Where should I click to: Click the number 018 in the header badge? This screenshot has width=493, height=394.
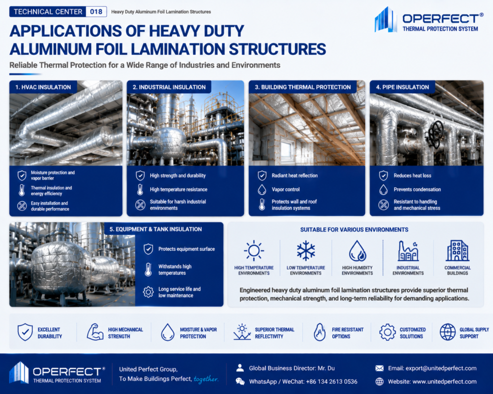click(x=96, y=12)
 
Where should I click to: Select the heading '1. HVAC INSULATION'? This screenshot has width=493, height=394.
click(x=43, y=87)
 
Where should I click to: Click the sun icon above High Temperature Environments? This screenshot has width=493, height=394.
click(x=254, y=251)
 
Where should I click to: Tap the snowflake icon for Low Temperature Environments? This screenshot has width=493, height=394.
click(x=306, y=251)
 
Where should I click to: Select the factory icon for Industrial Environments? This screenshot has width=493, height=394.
click(x=408, y=251)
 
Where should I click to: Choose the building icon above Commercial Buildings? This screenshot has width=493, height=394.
click(x=457, y=251)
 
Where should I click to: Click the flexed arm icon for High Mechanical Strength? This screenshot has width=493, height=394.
click(x=95, y=332)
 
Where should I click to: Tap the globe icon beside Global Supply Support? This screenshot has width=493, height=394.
click(x=448, y=332)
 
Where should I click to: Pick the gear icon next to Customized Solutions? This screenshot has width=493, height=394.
click(x=388, y=332)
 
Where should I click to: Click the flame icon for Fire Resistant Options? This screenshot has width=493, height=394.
click(x=320, y=332)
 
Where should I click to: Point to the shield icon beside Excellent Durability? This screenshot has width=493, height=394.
click(x=25, y=332)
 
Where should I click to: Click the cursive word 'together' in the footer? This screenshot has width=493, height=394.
click(x=206, y=379)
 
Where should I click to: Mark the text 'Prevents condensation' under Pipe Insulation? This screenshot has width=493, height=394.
click(x=417, y=190)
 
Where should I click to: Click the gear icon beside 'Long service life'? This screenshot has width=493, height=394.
click(x=148, y=292)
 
